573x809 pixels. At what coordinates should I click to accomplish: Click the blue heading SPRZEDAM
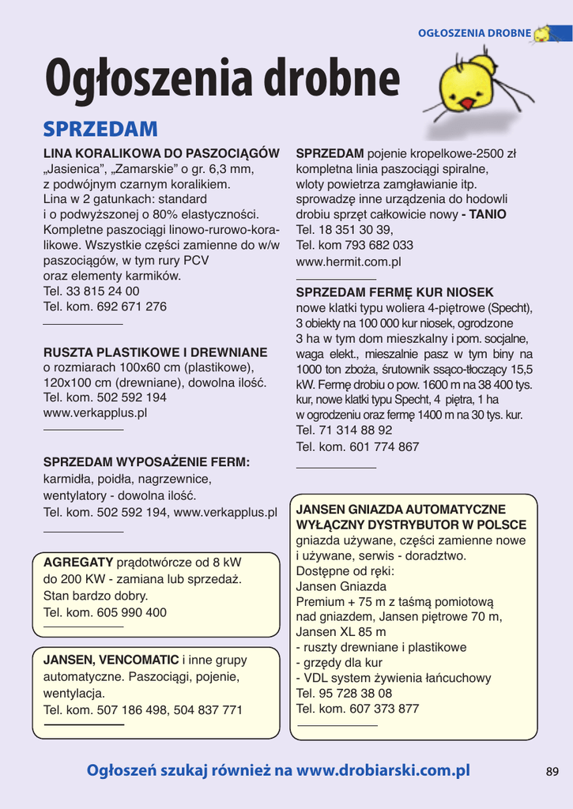click(100, 129)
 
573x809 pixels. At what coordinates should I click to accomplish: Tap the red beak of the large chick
click(467, 103)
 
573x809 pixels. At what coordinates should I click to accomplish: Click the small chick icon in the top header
click(542, 34)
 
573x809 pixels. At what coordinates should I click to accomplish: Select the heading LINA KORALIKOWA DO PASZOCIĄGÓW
click(161, 153)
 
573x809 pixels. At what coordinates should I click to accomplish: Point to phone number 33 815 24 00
click(103, 292)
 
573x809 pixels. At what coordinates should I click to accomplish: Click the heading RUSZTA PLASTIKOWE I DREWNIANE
click(155, 352)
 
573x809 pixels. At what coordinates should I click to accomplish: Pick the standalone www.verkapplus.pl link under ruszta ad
click(95, 412)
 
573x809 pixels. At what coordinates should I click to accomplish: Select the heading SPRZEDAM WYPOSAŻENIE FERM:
click(146, 462)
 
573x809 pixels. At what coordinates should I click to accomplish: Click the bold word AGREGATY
click(78, 563)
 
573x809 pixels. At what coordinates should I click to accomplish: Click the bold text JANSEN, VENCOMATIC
click(111, 660)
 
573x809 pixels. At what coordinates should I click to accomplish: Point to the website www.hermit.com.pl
click(349, 261)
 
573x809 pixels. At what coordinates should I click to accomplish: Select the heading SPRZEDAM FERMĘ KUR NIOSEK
click(394, 292)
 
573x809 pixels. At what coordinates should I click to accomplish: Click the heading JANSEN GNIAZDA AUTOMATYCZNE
click(401, 510)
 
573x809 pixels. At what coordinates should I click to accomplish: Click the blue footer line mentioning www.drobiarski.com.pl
click(278, 770)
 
